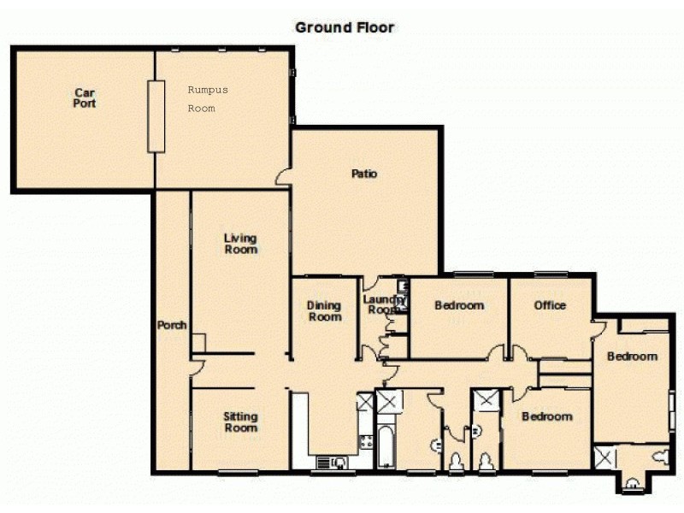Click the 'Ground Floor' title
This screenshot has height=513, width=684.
coord(345,27)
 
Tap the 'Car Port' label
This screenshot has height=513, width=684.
coord(84,97)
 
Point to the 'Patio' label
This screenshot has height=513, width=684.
coord(364,174)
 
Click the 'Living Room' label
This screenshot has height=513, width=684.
coord(240,244)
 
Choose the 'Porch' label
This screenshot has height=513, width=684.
coord(172,325)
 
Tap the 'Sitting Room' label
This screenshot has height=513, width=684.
coord(240,422)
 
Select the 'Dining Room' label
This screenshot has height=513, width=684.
coord(324,311)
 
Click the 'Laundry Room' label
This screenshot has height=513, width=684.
coord(380,304)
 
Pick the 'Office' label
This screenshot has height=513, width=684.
coord(550,305)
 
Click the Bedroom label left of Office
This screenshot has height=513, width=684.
coord(459,305)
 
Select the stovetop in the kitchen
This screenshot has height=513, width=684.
coord(366,441)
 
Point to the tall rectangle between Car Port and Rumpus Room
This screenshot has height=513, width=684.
coord(156,116)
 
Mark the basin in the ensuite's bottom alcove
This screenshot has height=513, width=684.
coord(631,485)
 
